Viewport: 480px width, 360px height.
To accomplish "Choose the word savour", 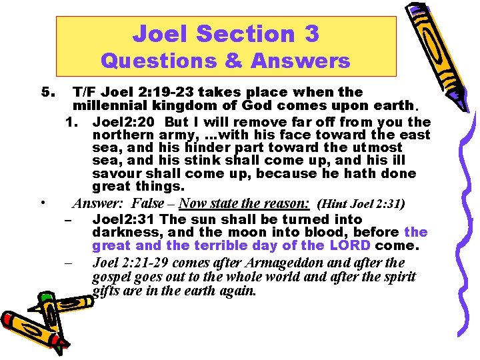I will pos(115,173).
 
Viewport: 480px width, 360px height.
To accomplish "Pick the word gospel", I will pos(111,276).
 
